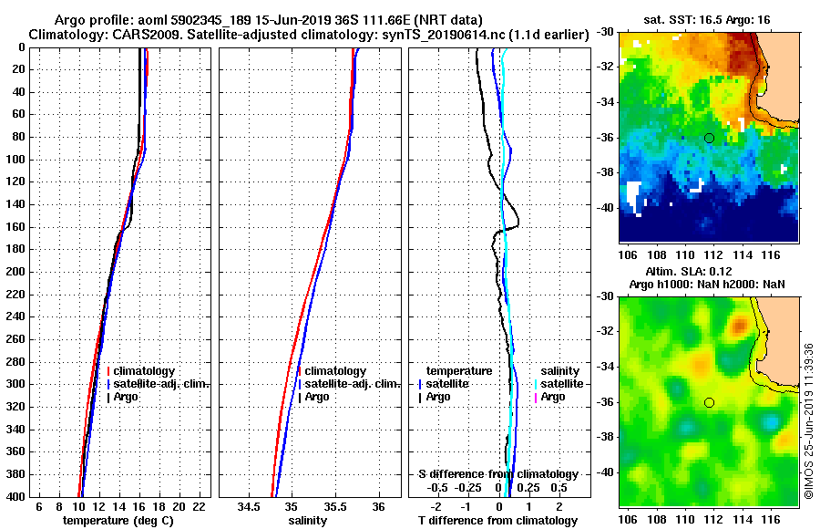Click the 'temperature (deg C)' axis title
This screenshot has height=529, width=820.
tap(118, 521)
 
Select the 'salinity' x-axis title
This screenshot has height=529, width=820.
tap(309, 521)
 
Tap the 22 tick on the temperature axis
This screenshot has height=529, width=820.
tap(199, 506)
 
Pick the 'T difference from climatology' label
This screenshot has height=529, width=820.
tap(498, 521)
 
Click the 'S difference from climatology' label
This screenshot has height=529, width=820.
tap(497, 474)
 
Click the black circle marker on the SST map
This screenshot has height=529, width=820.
tap(709, 138)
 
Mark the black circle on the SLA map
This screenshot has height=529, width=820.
tap(709, 402)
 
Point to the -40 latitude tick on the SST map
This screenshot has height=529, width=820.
tap(604, 208)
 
